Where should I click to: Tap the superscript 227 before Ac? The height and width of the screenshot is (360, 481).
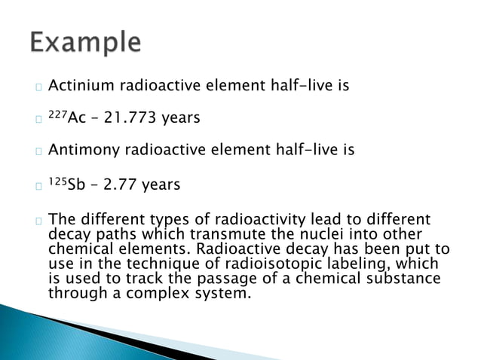click(x=57, y=115)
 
